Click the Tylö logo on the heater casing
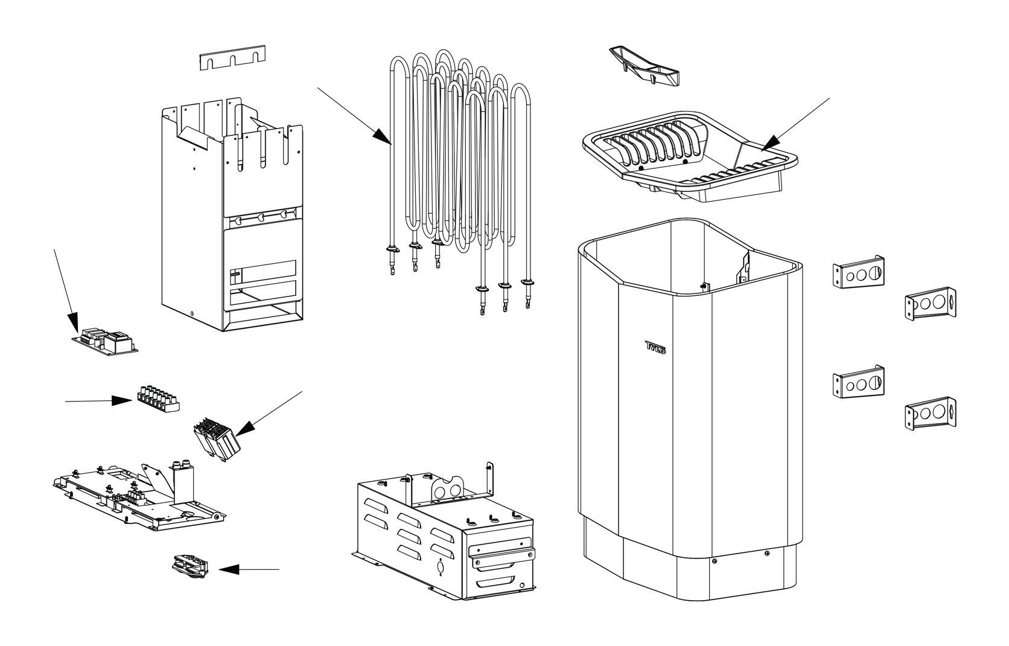tap(655, 347)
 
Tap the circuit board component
tap(105, 341)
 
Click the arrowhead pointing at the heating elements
tap(383, 136)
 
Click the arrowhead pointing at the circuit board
tap(74, 321)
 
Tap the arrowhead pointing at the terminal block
tap(122, 400)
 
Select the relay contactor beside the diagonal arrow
tap(217, 439)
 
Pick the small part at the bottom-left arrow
tap(190, 567)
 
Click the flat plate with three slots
tap(232, 57)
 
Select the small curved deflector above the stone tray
tap(644, 66)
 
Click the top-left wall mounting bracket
tap(858, 272)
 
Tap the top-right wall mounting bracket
tap(931, 304)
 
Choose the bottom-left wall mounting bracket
tap(858, 382)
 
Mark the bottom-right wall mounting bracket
tap(931, 414)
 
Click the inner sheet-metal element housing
tap(232, 214)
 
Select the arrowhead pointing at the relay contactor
tap(246, 428)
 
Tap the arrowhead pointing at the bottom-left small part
tap(229, 569)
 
